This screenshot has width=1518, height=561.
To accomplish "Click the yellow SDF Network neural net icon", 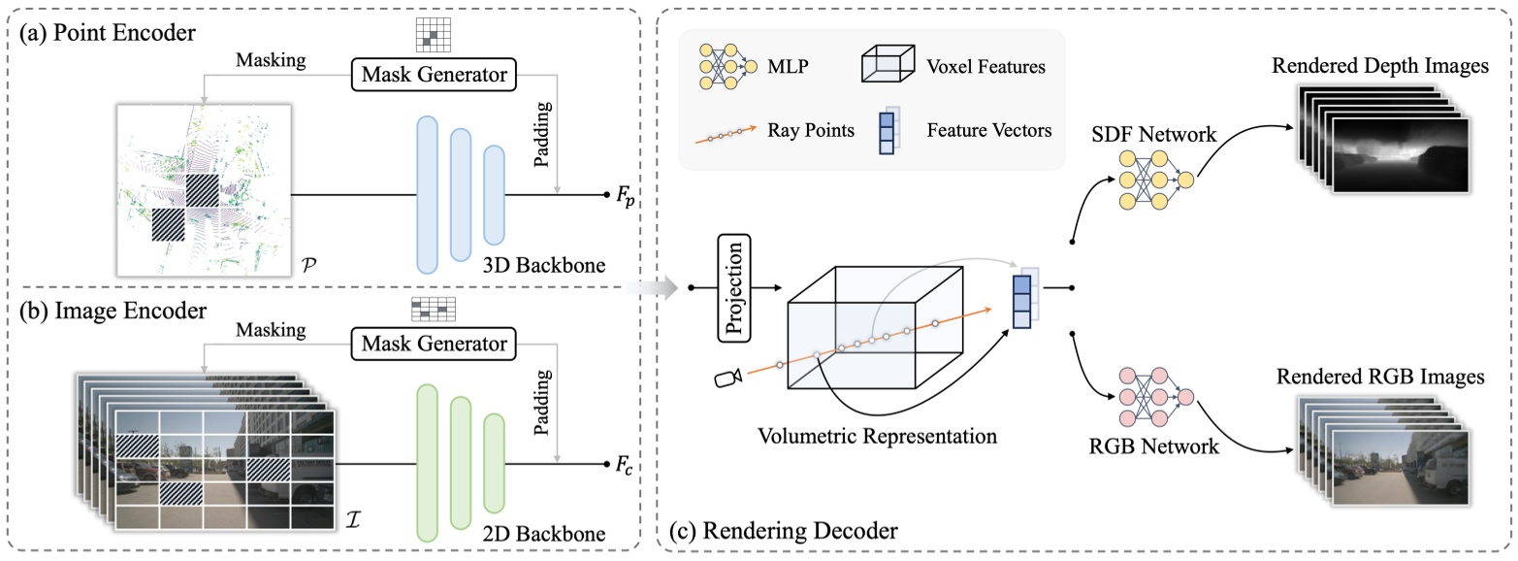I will click(x=1155, y=178).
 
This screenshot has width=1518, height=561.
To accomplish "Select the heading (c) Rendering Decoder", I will click(x=784, y=530).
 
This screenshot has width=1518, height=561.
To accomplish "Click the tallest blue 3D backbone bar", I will click(x=429, y=194).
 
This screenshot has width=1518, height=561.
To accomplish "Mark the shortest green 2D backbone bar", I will click(x=495, y=463).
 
